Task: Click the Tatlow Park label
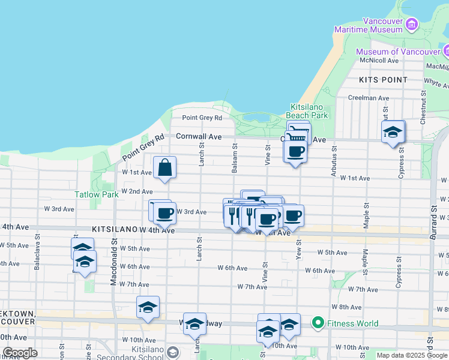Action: click(x=97, y=194)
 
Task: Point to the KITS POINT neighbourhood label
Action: click(x=383, y=79)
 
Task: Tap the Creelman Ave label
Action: click(x=369, y=98)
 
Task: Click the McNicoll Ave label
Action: click(x=379, y=61)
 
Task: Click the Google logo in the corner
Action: click(x=20, y=353)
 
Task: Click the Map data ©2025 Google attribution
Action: click(x=412, y=355)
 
